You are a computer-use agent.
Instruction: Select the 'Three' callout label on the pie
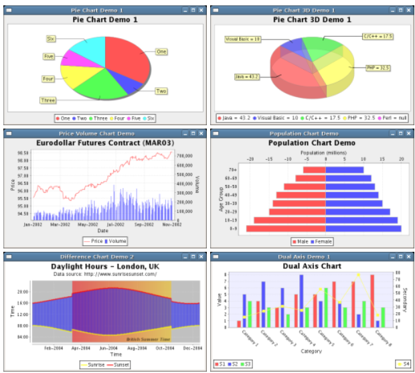(48, 100)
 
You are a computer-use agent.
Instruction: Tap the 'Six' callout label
(50, 39)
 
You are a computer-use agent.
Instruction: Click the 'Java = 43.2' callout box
(247, 77)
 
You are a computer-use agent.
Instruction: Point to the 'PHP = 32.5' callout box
(379, 68)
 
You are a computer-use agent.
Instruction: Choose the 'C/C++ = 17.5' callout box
(378, 36)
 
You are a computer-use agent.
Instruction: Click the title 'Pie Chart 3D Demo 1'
(312, 20)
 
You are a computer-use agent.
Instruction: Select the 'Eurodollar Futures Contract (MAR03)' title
(106, 143)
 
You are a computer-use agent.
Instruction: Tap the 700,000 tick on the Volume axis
(185, 155)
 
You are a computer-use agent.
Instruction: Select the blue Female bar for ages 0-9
(363, 228)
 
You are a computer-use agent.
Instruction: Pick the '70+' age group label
(232, 170)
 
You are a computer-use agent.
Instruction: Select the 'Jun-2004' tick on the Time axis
(109, 348)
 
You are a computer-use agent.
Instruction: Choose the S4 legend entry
(403, 364)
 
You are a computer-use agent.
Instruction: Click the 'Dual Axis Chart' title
(312, 266)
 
